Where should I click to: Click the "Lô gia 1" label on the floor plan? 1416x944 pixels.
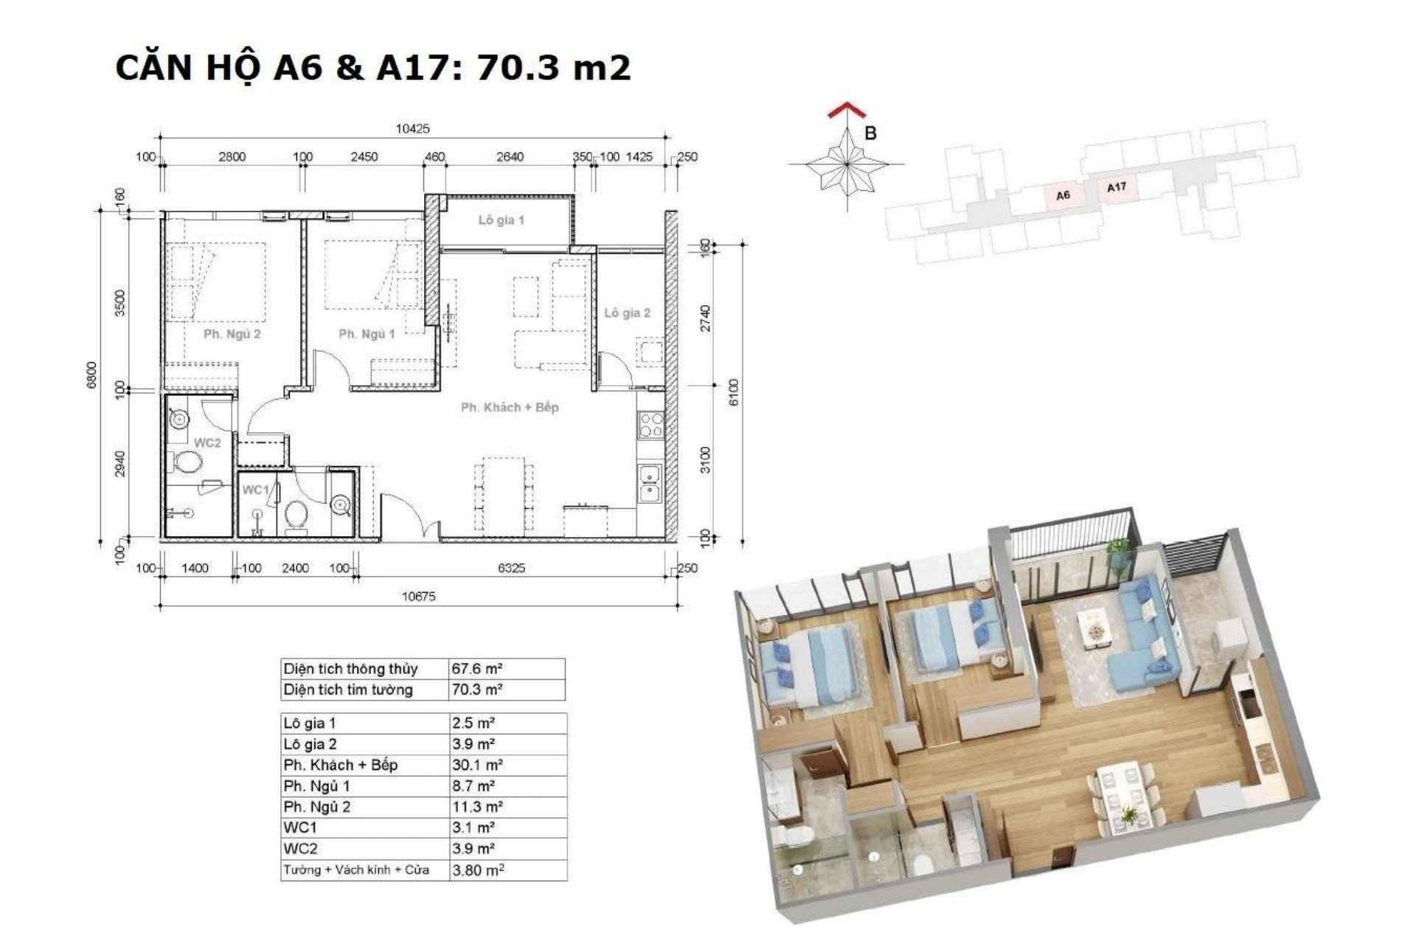501,220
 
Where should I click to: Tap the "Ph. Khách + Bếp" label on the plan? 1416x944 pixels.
510,407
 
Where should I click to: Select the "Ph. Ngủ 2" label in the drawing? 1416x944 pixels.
232,334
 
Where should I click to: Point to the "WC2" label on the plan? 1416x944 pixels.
207,443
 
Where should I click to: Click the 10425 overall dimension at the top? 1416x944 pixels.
412,128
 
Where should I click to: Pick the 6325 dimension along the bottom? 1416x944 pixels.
511,568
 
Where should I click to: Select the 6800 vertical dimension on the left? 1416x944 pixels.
91,375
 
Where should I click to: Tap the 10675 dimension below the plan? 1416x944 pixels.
418,596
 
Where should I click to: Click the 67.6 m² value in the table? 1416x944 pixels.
477,669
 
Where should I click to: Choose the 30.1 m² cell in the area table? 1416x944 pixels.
477,765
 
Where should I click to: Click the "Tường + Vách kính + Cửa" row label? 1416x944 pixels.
356,870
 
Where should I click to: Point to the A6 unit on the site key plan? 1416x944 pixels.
1063,195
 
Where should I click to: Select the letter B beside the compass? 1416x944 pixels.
870,133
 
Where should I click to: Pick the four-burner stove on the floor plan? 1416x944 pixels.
651,424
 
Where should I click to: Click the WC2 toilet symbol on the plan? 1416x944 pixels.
187,462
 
